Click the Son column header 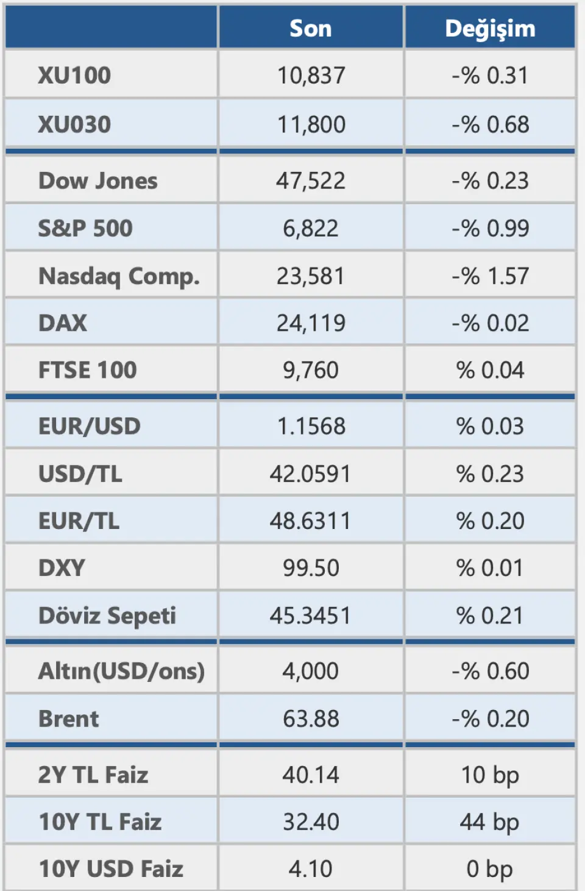[311, 29]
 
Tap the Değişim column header [490, 29]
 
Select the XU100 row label [74, 76]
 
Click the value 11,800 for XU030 [311, 124]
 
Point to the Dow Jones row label [97, 181]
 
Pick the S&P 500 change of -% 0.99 [490, 229]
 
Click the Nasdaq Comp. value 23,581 [311, 276]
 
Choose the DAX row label [63, 323]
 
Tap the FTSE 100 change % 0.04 [490, 370]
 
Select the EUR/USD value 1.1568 [311, 426]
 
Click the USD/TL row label [80, 474]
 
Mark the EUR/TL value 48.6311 [311, 521]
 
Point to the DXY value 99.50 [311, 568]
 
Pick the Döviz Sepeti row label [107, 616]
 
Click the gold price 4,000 [311, 671]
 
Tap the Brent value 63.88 [311, 719]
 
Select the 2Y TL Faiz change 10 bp [490, 775]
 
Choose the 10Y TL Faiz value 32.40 [311, 822]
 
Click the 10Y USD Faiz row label [111, 869]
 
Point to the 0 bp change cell [490, 869]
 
